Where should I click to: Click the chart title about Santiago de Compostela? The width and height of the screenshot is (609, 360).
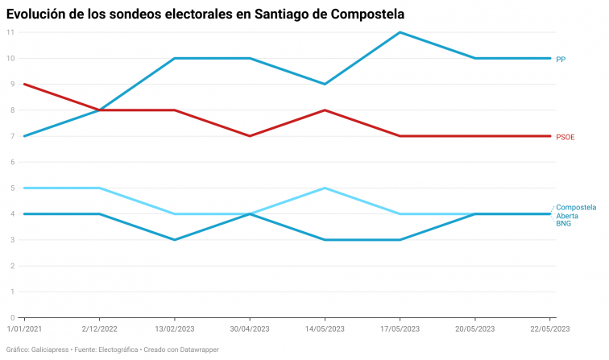205,14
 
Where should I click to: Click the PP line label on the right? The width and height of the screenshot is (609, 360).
561,59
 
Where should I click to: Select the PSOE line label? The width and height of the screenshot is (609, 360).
565,137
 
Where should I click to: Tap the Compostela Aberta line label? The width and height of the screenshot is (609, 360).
576,211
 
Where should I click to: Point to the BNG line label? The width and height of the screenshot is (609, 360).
564,223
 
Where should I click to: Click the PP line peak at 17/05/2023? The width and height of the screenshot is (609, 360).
400,32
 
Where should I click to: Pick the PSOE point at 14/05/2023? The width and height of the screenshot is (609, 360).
325,110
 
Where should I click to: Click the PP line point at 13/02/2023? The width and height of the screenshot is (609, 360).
174,59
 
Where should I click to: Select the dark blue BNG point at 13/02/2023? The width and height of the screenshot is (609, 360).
174,240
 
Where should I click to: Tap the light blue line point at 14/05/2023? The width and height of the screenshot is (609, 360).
325,188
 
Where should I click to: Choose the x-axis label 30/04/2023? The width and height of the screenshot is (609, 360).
249,329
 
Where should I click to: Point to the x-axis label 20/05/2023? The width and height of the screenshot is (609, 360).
475,329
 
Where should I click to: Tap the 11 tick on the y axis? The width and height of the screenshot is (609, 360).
10,32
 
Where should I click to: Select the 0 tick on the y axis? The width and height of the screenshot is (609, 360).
12,317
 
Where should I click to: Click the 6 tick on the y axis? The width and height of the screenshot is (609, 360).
12,162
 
